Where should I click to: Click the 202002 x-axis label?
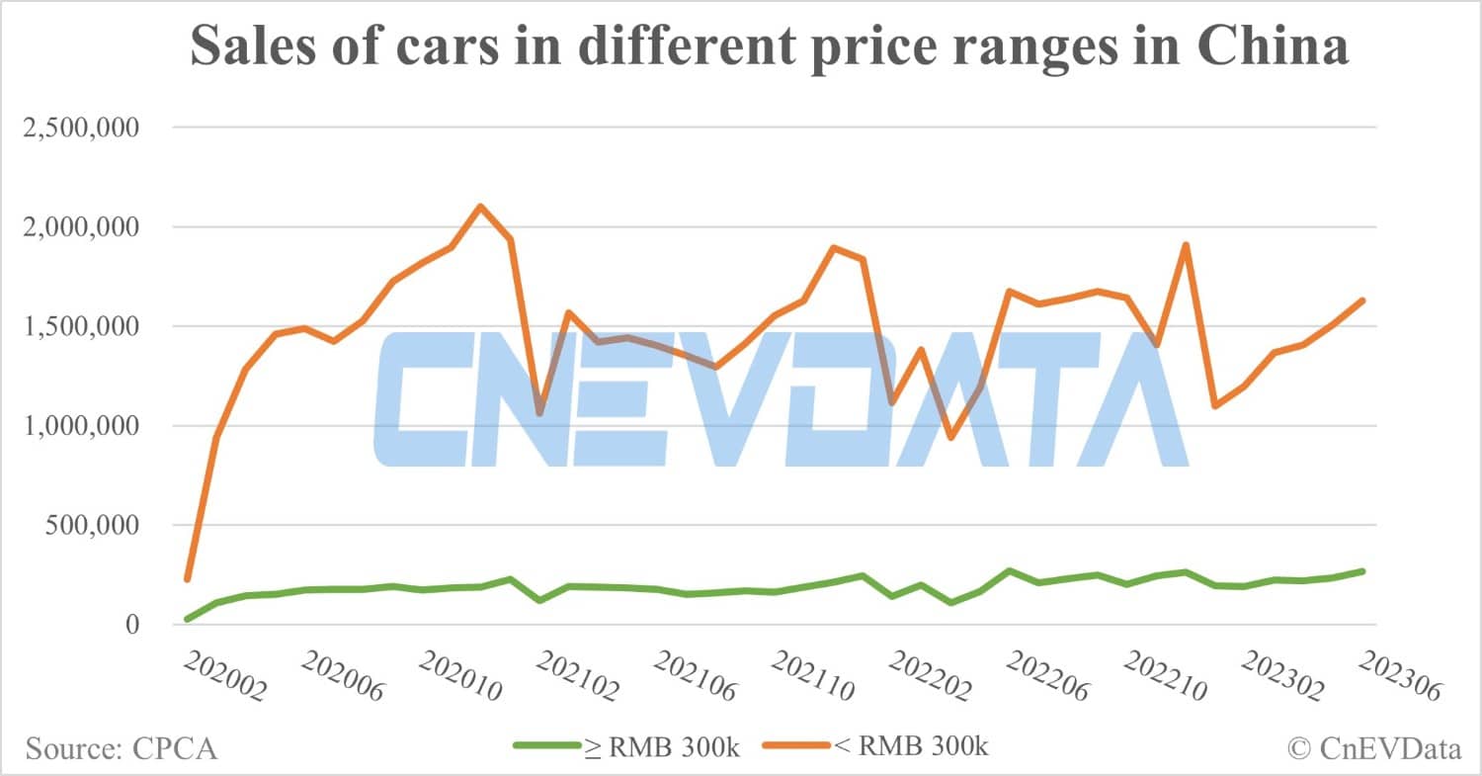pos(224,678)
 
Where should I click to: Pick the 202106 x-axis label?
pos(696,678)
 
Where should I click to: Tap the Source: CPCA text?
pos(122,748)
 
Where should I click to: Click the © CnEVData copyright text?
pos(1374,748)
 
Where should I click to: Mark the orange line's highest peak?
pos(480,206)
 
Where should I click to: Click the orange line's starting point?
pos(187,579)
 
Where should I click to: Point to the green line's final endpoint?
pos(1362,571)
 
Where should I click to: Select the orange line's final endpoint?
pos(1362,301)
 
